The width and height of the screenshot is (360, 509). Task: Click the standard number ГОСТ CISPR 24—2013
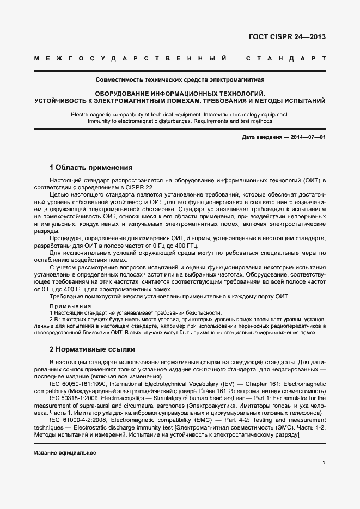[x=286, y=38]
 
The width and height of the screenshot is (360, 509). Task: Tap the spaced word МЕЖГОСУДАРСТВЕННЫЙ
[x=130, y=58]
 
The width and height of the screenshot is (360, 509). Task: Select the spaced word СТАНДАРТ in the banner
[x=286, y=58]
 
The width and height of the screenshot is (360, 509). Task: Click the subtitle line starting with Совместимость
[x=180, y=79]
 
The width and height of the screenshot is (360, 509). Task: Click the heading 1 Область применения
[x=91, y=168]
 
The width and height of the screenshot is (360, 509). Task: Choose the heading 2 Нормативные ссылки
[x=92, y=349]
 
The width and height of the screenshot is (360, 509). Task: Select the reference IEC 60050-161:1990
[x=80, y=384]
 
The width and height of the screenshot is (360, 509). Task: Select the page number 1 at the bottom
[x=324, y=463]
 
